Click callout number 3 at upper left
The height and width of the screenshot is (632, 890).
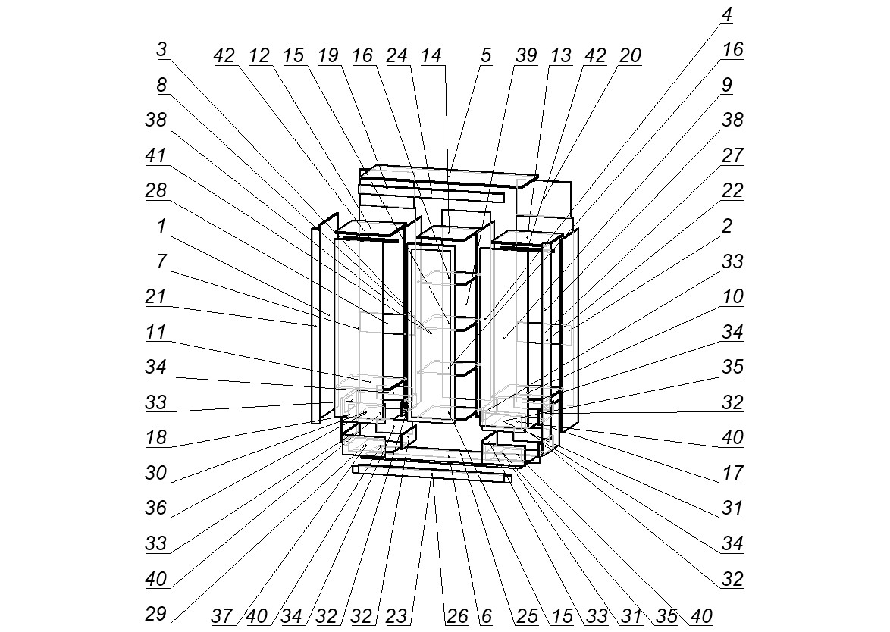[161, 50]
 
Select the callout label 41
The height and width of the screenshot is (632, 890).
[156, 155]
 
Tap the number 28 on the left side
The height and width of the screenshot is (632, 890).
[156, 190]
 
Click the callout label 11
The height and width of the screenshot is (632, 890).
[156, 331]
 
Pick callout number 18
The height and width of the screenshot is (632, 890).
[156, 437]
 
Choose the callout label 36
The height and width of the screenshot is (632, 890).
[156, 508]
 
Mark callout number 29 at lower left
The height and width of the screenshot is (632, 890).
[156, 614]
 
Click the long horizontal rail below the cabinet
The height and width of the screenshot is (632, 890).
[432, 474]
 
